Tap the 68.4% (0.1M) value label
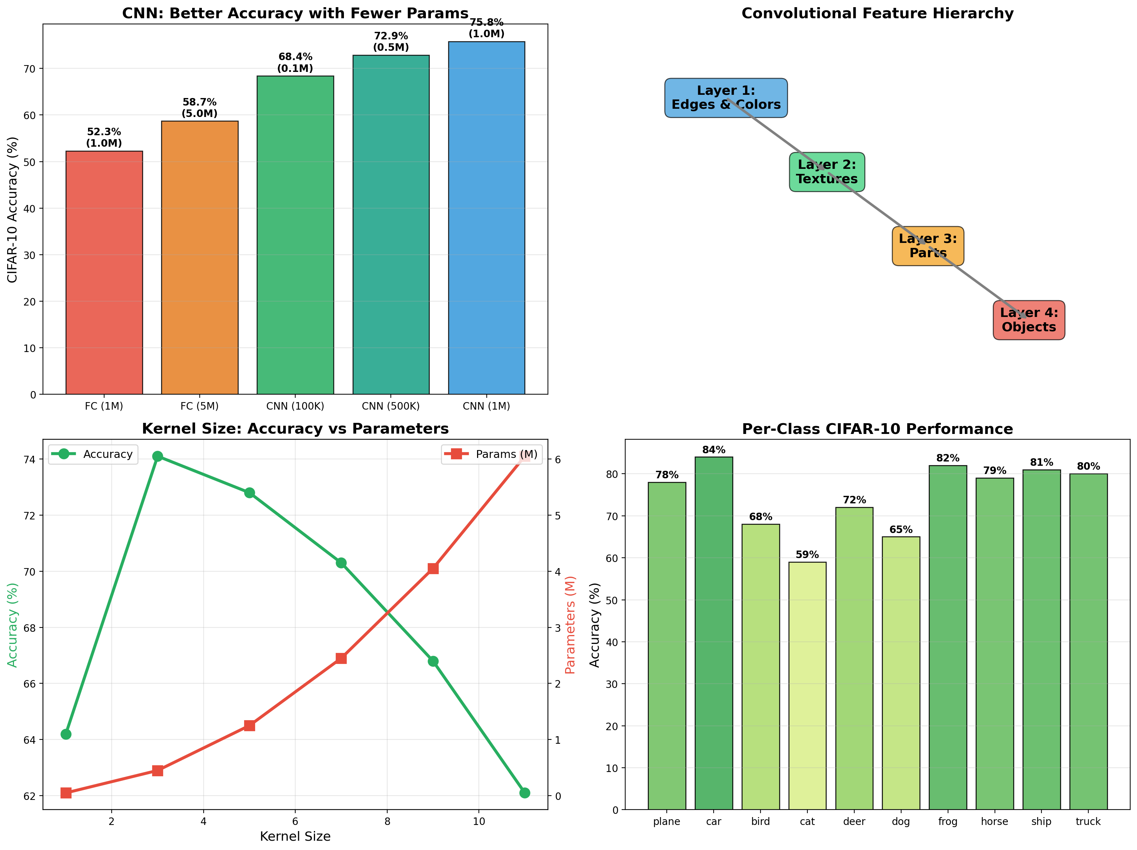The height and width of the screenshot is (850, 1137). [x=295, y=63]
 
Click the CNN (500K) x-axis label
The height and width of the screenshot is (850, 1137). [x=391, y=406]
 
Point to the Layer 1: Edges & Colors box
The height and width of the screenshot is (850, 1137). [x=726, y=98]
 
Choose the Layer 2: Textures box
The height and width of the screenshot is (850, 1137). [x=827, y=172]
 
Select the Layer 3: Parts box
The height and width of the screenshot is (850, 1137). [x=928, y=246]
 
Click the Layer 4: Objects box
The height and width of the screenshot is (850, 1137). [x=1029, y=320]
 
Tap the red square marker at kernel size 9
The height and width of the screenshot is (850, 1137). [x=433, y=568]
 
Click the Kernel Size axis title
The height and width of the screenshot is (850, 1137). [x=295, y=836]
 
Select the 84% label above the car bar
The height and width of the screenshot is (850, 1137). [x=714, y=450]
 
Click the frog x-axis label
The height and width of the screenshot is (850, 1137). [x=947, y=821]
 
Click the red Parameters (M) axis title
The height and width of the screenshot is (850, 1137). [x=570, y=624]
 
